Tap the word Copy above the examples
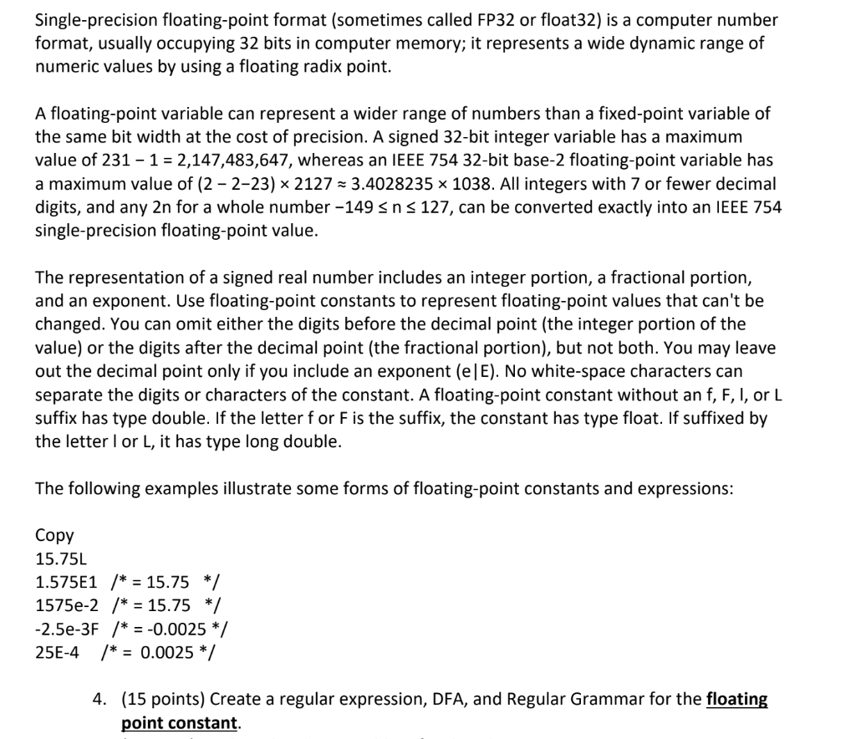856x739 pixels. pos(54,535)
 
